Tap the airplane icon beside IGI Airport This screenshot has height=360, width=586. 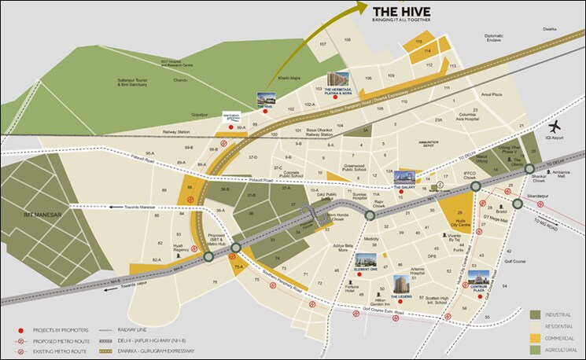click(x=556, y=127)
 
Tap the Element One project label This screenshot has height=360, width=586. click(x=367, y=269)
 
